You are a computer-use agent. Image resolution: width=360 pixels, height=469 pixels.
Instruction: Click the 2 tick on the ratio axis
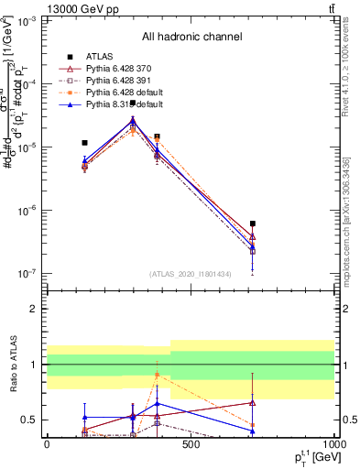36,309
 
